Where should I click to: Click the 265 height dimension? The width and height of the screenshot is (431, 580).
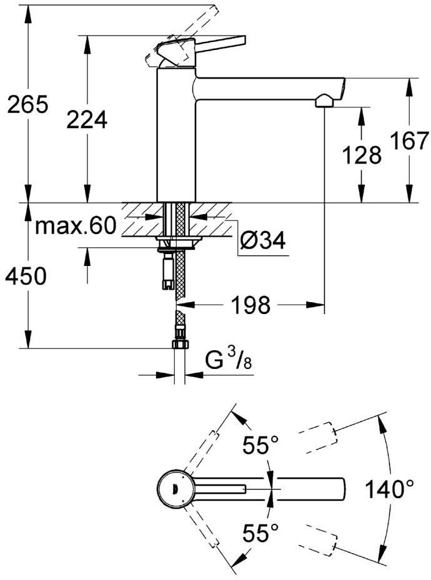[x=28, y=105]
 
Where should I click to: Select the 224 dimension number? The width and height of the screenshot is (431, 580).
[x=87, y=120]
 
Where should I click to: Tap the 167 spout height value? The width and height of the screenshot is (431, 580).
[x=410, y=140]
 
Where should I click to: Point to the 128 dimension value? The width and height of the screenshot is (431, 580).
[x=362, y=155]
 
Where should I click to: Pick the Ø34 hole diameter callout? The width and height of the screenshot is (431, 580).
[x=263, y=241]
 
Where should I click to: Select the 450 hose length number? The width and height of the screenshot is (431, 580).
[x=26, y=276]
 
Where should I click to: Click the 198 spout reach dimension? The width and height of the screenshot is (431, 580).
[x=250, y=305]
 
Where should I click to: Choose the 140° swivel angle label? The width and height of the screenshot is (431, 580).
[x=389, y=489]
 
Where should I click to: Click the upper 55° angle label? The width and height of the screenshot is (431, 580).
[x=260, y=445]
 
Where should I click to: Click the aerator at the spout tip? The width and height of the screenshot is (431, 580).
[x=325, y=101]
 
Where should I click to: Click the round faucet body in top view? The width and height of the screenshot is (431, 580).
[x=174, y=489]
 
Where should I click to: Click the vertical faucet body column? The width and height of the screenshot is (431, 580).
[x=176, y=135]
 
